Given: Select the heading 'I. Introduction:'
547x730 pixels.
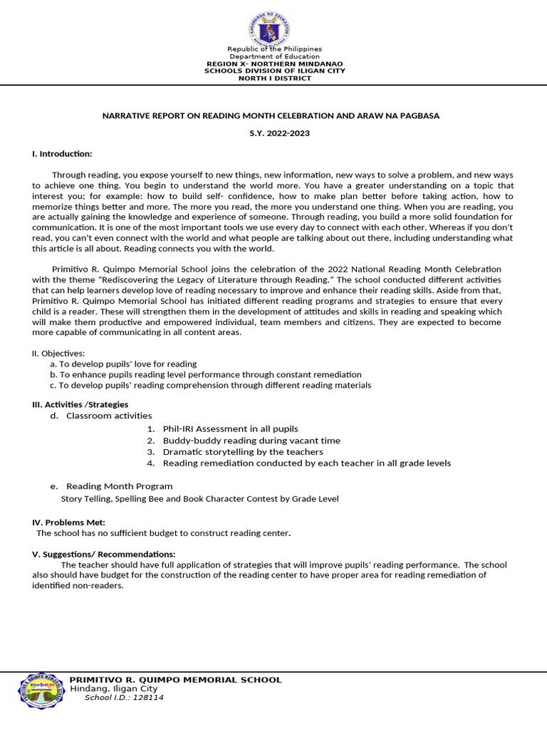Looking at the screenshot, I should [62, 154].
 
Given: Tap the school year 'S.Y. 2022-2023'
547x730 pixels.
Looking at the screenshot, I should [274, 133].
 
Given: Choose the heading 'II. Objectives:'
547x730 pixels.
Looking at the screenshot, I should [58, 354].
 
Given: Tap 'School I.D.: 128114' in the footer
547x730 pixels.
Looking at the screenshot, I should [124, 698].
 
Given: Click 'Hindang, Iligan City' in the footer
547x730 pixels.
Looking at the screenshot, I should [114, 689].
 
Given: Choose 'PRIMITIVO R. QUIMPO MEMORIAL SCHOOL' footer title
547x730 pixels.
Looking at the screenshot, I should [175, 680].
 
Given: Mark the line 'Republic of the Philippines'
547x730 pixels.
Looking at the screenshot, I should [274, 49].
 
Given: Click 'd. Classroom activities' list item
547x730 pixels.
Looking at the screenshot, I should [101, 416].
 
